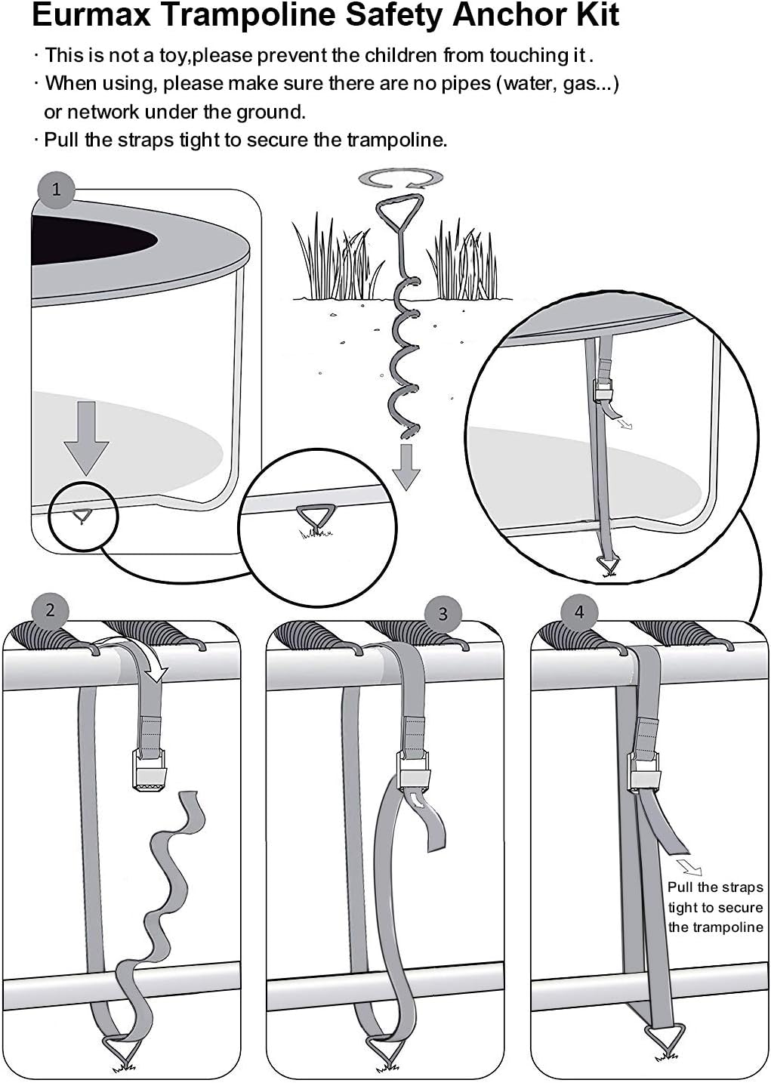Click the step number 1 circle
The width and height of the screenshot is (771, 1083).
[x=56, y=189]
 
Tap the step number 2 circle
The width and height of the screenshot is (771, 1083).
[x=50, y=609]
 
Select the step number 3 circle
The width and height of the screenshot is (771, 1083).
[x=443, y=613]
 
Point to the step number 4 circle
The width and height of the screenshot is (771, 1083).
[x=579, y=611]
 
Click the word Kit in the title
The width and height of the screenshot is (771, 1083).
[x=594, y=15]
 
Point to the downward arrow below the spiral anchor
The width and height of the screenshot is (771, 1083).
[x=406, y=467]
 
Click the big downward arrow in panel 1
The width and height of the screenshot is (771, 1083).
[x=86, y=437]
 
